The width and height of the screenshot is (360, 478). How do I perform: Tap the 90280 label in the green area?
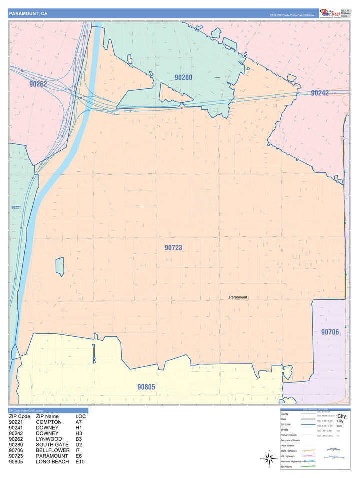pyautogui.click(x=183, y=77)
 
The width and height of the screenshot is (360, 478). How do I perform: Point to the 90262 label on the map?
pyautogui.click(x=38, y=84)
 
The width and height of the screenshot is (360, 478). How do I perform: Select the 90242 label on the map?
pyautogui.click(x=319, y=93)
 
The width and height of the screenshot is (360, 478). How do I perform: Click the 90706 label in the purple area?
pyautogui.click(x=330, y=332)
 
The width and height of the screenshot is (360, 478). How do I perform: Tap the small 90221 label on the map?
pyautogui.click(x=16, y=207)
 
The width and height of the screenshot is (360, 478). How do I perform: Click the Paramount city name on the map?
pyautogui.click(x=238, y=297)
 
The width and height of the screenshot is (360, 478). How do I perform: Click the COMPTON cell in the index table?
pyautogui.click(x=49, y=422)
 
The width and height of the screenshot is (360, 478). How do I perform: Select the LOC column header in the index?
pyautogui.click(x=81, y=416)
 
